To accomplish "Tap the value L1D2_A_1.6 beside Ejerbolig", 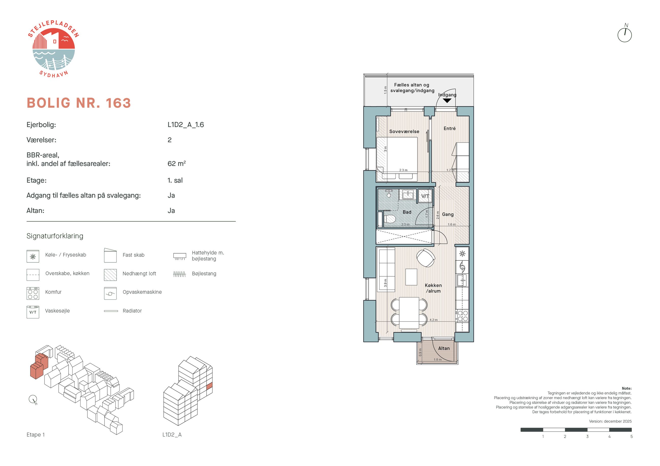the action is (x=186, y=124).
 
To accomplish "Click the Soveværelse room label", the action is (x=404, y=132).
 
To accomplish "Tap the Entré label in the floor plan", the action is (x=450, y=128).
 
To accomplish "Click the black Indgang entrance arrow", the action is (x=447, y=100).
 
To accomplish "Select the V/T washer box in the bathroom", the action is (x=425, y=196).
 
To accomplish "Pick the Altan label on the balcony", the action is (x=444, y=348).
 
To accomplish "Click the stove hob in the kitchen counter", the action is (x=462, y=316).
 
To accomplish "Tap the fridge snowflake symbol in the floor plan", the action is (x=462, y=254).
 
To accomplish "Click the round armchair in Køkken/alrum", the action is (x=426, y=258).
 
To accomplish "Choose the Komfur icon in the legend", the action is (x=33, y=293).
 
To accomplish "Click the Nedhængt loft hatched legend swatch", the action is (x=110, y=275).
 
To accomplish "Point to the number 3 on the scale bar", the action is (x=587, y=436).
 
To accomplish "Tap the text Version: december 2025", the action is (x=610, y=421).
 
